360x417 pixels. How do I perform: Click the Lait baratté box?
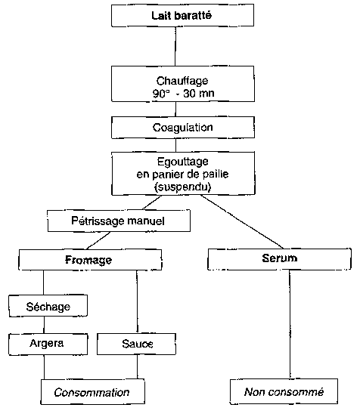[x=182, y=15]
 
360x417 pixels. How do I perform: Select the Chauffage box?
[x=183, y=84]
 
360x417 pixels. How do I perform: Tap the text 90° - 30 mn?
[x=183, y=94]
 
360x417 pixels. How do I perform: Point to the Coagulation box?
[x=183, y=128]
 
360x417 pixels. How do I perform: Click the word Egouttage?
[x=183, y=162]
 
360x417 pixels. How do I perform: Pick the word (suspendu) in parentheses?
[x=183, y=187]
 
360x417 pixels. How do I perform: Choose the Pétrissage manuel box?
[x=119, y=221]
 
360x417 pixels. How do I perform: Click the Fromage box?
[x=90, y=260]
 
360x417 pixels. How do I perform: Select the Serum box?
[x=279, y=259]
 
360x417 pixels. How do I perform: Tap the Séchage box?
[x=48, y=306]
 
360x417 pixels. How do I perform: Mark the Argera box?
[x=48, y=344]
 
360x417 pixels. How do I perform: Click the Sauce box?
[x=136, y=344]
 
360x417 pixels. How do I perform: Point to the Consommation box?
[x=93, y=392]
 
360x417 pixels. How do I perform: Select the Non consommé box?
[x=284, y=392]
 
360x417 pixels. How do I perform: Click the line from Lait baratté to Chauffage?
[x=175, y=46]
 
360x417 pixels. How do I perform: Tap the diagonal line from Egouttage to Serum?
[x=242, y=221]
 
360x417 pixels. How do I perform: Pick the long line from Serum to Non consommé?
[x=290, y=324]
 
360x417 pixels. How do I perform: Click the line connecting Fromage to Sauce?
[x=137, y=302]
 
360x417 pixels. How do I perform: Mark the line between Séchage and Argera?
[x=44, y=326]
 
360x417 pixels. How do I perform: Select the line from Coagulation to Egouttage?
[x=175, y=145]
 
